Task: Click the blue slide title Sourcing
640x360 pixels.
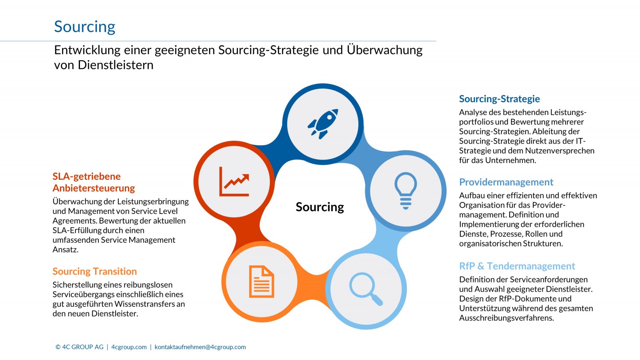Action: click(84, 27)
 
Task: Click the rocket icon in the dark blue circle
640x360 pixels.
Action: click(323, 124)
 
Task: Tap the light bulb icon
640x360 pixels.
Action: click(406, 190)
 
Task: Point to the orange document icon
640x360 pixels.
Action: click(262, 282)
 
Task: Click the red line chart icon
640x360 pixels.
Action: click(234, 182)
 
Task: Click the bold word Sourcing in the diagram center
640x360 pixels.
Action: click(320, 207)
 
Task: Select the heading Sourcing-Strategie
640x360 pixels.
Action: click(500, 99)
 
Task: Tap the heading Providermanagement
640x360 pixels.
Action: click(506, 182)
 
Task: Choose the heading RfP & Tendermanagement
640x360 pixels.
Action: click(517, 266)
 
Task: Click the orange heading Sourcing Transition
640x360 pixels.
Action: click(94, 271)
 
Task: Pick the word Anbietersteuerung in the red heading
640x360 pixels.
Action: click(94, 188)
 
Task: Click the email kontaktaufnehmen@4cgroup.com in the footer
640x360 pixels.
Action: click(200, 347)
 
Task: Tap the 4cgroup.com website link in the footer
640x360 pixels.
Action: click(129, 347)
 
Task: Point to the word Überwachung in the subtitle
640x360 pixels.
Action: click(384, 50)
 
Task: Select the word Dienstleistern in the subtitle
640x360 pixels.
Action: click(116, 65)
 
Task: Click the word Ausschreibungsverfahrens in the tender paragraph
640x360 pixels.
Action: click(506, 318)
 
